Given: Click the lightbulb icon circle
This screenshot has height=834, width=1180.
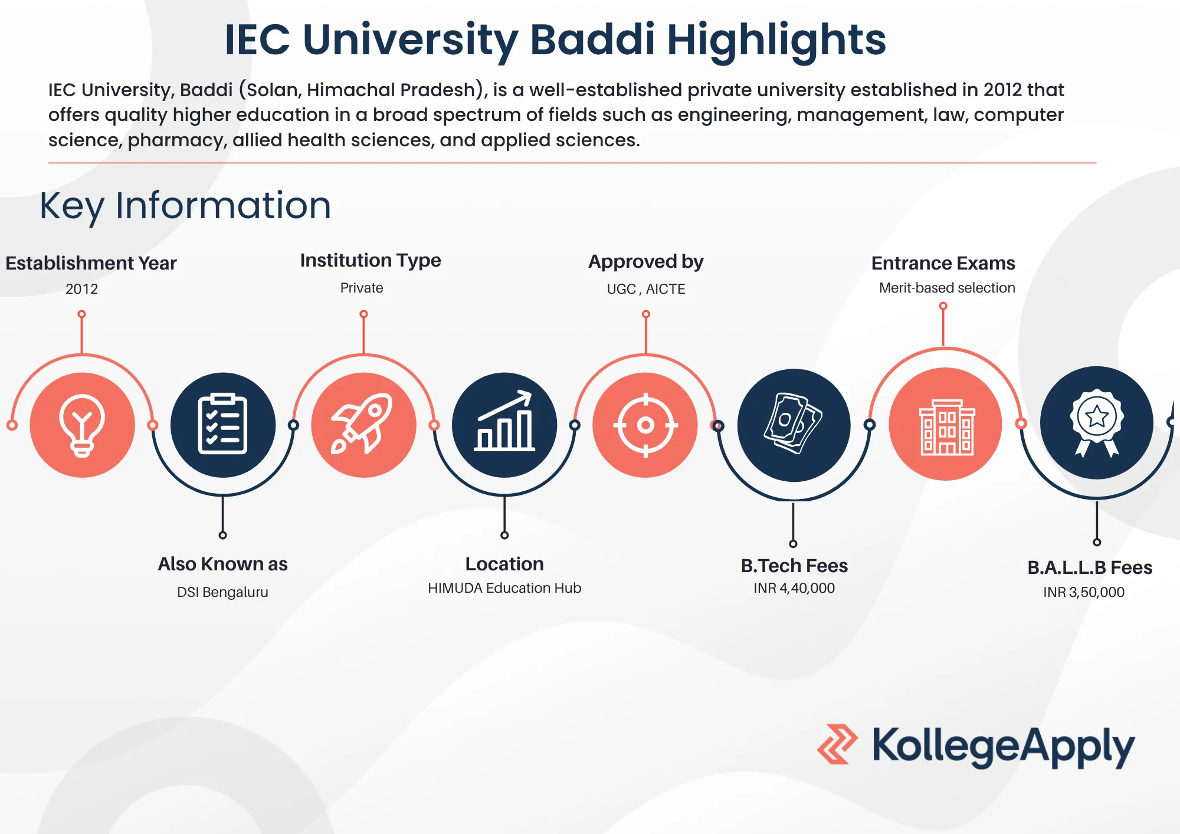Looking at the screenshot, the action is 83,425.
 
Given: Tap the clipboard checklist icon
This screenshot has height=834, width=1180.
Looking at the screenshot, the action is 223,425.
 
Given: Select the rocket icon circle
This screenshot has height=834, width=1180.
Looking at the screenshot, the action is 364,425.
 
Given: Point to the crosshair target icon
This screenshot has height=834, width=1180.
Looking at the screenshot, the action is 645,425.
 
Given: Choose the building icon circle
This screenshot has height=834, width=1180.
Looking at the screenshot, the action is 946,424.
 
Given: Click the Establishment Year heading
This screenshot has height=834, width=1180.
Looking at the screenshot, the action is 91,263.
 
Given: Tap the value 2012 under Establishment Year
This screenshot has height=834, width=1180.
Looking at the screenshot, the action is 81,289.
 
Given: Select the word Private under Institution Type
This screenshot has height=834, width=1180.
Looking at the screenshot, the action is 362,288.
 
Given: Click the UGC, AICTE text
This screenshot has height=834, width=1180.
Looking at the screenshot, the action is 646,289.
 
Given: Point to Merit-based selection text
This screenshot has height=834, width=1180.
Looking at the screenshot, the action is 947,288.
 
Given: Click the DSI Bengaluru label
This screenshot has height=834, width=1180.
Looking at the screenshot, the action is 222,592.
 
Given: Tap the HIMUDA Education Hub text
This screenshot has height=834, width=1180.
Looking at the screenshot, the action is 504,588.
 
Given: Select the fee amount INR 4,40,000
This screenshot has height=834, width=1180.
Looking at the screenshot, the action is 794,588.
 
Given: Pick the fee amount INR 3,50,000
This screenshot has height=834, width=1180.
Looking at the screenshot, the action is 1084,592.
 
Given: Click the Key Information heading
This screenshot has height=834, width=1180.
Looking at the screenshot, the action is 185,206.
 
